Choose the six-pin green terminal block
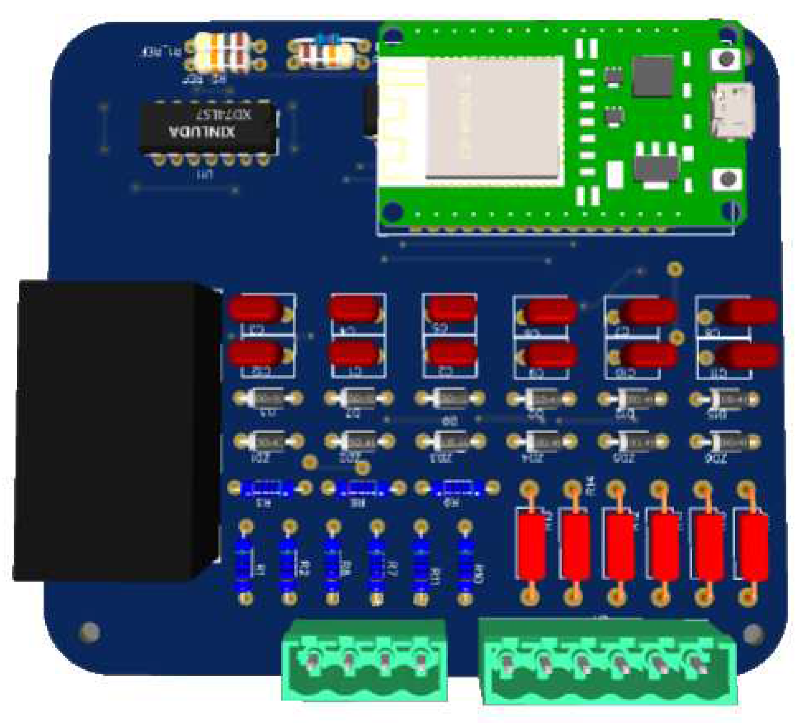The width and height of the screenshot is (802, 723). tap(609, 666)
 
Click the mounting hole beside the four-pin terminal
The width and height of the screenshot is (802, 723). tap(90, 632)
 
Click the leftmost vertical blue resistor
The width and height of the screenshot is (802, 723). tap(245, 563)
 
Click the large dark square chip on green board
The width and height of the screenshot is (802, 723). tap(652, 76)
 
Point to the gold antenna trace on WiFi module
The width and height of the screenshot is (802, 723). tap(401, 120)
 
